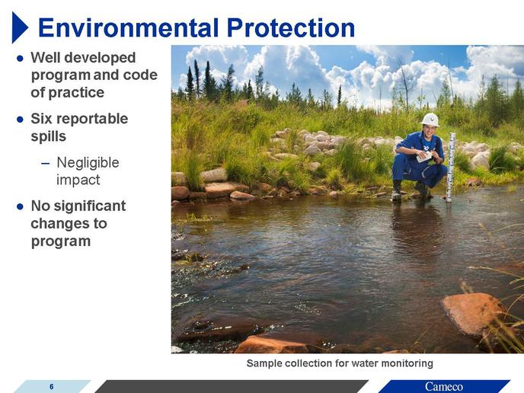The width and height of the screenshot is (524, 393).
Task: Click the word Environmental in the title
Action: pos(129,27)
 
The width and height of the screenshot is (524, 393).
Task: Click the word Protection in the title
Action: pos(291,27)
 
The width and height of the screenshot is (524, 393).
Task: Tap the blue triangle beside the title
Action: pos(20,27)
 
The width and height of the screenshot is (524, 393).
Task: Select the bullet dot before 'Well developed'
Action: pos(20,59)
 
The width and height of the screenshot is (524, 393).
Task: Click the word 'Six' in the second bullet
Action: pos(40,119)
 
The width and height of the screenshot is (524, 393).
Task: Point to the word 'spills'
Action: pos(49,136)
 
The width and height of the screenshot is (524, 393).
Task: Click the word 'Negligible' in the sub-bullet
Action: pos(88,163)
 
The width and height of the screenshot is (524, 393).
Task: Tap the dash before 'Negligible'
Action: pos(45,164)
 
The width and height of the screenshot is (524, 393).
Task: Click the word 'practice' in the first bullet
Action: pos(76,93)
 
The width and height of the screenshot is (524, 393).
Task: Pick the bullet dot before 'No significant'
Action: pos(20,206)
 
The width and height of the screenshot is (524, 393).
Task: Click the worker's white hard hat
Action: pos(430,120)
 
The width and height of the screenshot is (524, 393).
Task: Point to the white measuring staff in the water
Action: pos(450,167)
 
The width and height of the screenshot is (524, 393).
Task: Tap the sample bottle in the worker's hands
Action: pos(424,157)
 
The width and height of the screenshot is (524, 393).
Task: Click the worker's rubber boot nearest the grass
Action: pos(397,191)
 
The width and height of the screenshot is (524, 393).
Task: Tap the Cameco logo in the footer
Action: pos(444,387)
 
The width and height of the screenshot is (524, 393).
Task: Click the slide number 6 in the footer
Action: pos(52,387)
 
